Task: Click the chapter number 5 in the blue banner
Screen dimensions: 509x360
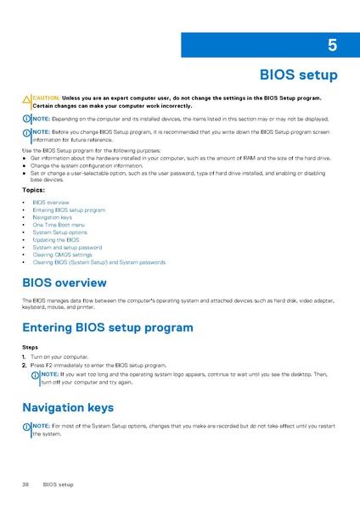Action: tap(332, 45)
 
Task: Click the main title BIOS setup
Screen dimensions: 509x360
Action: tap(298, 76)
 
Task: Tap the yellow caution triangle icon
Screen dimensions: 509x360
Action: tap(26, 101)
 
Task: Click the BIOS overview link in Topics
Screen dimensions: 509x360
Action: tap(51, 203)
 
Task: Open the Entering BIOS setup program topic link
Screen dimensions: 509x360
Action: tap(69, 210)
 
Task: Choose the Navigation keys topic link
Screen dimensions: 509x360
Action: tap(53, 217)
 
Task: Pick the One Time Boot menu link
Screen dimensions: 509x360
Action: tap(59, 225)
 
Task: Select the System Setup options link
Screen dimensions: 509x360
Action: tap(59, 232)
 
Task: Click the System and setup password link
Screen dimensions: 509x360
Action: tap(67, 247)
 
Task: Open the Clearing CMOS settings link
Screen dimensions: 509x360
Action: tap(62, 255)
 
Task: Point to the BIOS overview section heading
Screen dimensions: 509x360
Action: tap(64, 282)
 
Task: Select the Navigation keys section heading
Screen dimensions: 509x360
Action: tap(67, 407)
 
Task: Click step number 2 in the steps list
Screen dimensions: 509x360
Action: tap(24, 365)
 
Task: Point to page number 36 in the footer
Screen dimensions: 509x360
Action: tap(26, 484)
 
